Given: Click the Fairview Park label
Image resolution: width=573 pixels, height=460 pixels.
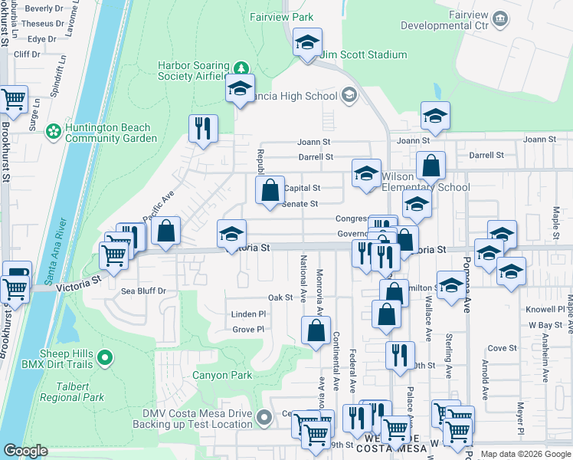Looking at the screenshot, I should click(x=282, y=16).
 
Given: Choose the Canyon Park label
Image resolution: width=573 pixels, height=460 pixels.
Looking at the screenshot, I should click(x=221, y=376).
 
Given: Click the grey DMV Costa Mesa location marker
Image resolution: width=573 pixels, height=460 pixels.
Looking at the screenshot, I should click(x=264, y=418).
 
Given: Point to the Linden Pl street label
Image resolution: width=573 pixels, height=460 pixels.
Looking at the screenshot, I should click(x=248, y=314).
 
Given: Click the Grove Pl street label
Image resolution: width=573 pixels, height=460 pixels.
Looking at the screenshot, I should click(x=248, y=330).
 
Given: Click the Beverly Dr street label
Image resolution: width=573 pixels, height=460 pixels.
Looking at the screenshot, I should click(x=44, y=8).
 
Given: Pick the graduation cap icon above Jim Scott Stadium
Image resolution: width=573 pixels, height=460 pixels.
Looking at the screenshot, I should click(x=307, y=42).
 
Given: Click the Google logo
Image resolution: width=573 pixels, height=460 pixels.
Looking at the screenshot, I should click(x=25, y=451).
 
